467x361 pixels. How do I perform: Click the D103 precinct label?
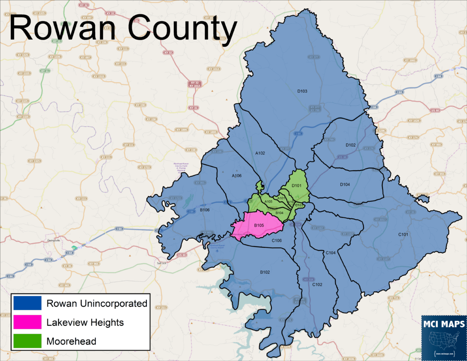pos(302,91)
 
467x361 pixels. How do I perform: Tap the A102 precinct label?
pos(260,153)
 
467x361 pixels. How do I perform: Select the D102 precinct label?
pos(350,145)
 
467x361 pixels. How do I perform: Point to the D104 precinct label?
pos(345,184)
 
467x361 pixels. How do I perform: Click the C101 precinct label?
pos(403,234)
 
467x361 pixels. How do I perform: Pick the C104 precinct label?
pos(331,252)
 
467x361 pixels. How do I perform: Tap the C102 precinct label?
pos(317,284)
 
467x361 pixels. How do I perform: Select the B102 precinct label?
pos(265,272)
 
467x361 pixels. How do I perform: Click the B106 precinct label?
pos(204,210)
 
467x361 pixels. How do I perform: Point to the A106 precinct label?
pos(237,176)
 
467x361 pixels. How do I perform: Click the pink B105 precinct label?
pos(259,225)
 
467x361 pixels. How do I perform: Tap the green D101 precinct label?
pos(297,186)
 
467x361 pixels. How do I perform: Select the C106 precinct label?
pos(277,241)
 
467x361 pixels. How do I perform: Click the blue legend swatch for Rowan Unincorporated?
pos(27,303)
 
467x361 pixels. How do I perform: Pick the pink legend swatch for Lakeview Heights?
pos(27,322)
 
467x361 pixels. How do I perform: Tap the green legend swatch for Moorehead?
pos(27,340)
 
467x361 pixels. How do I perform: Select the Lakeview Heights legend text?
pos(85,323)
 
